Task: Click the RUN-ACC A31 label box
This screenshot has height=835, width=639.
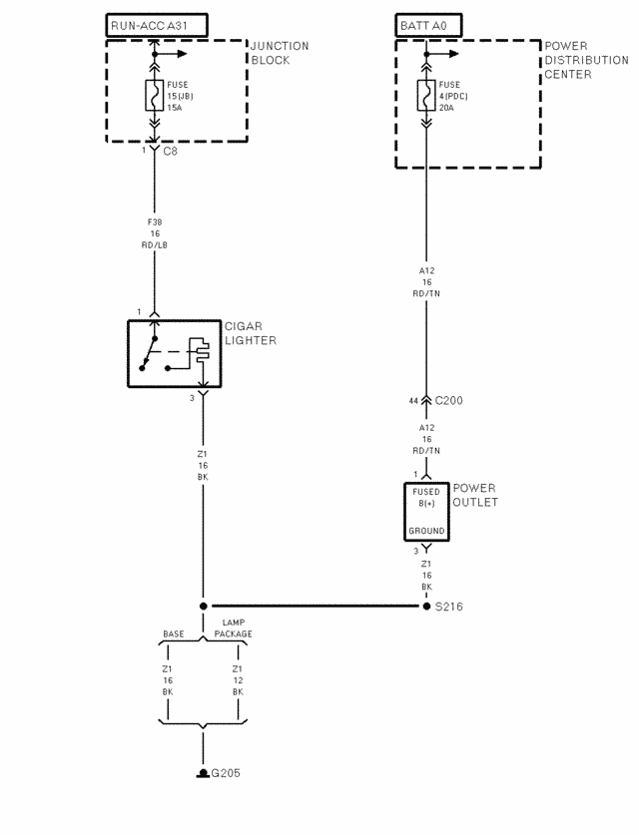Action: [x=155, y=25]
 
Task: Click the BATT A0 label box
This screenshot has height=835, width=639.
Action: [x=426, y=25]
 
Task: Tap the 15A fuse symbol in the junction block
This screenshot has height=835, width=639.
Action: [x=155, y=95]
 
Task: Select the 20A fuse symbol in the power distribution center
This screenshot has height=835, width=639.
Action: [x=426, y=96]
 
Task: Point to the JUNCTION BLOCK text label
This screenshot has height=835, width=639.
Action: [x=279, y=53]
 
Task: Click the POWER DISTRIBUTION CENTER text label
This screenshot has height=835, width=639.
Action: [x=586, y=60]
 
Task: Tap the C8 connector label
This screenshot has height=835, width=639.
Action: [x=170, y=151]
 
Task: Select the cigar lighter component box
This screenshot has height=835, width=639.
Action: [x=174, y=354]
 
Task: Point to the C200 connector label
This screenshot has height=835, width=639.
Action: [x=448, y=400]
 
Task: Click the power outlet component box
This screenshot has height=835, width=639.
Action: [x=426, y=512]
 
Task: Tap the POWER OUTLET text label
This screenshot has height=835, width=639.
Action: [x=476, y=495]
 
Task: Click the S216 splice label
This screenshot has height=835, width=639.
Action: [x=449, y=606]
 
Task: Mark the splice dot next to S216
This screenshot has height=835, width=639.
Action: [x=426, y=606]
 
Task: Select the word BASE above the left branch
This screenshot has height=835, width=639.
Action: [x=173, y=634]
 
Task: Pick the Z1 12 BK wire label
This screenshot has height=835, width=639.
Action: [x=238, y=680]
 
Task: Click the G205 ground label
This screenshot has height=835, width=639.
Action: [x=226, y=773]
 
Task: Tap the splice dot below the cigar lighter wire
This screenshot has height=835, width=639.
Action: [x=204, y=606]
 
